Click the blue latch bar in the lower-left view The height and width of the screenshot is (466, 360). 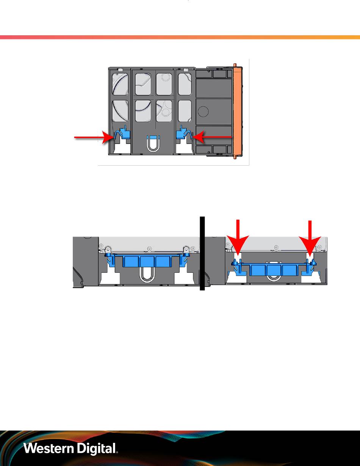[148, 261]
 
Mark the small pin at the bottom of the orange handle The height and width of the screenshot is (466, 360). [235, 158]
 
